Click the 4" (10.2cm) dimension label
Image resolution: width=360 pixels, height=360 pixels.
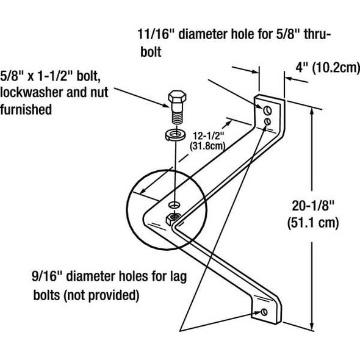pos(326,68)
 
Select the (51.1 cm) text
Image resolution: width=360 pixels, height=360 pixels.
pos(312,223)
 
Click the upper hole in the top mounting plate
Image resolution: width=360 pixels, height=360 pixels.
pos(267,110)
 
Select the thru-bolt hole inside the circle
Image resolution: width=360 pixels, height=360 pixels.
pos(174,204)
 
